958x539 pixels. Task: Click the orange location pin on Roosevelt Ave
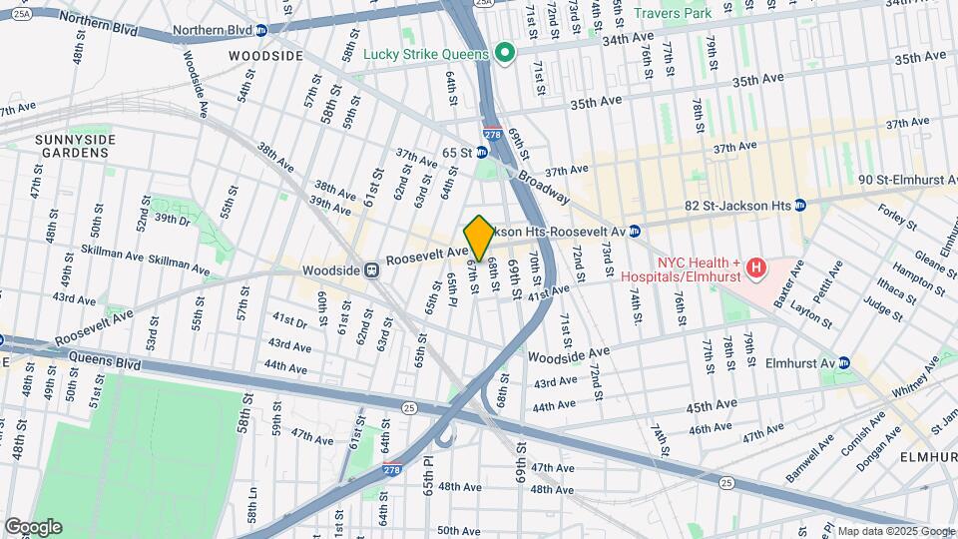tap(479, 238)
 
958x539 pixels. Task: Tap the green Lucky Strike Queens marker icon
tap(505, 53)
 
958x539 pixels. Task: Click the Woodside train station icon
tap(371, 269)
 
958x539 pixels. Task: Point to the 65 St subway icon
tap(481, 153)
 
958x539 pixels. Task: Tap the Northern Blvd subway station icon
tap(261, 31)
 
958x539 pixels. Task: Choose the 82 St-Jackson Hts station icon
tap(799, 206)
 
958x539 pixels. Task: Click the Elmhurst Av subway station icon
tap(843, 362)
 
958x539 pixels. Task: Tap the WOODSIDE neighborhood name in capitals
tap(265, 56)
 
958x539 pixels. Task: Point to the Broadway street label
tap(544, 186)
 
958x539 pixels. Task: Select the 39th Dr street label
tap(172, 219)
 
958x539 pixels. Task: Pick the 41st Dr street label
tap(288, 320)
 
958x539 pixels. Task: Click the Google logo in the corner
tap(33, 526)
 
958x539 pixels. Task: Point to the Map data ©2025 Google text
tap(895, 531)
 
